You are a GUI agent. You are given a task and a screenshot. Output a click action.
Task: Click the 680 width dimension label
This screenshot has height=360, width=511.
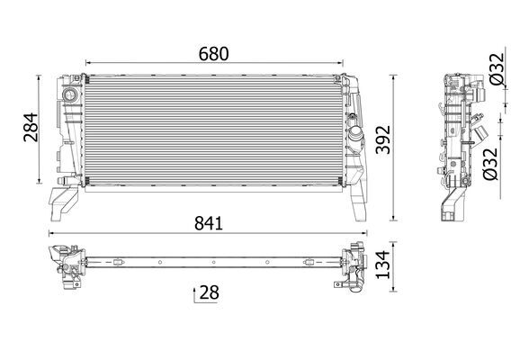pyautogui.click(x=213, y=53)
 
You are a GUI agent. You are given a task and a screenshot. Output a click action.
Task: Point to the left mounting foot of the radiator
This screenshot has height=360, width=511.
pyautogui.click(x=59, y=202)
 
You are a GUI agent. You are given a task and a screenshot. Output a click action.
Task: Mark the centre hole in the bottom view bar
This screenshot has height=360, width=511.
pyautogui.click(x=212, y=263)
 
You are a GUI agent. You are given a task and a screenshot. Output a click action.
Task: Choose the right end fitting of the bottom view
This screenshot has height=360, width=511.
pyautogui.click(x=353, y=266)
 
